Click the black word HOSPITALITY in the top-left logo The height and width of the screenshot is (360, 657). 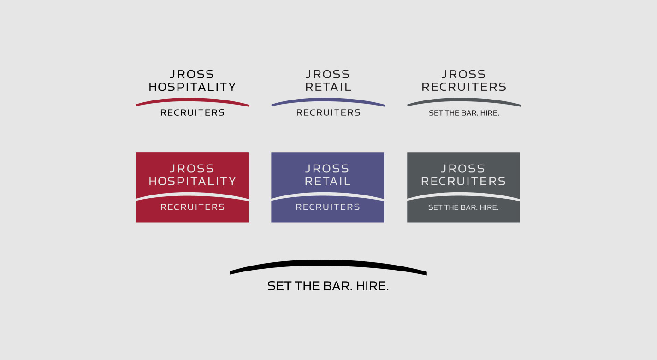pos(192,87)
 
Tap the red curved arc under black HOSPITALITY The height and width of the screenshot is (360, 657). pos(192,100)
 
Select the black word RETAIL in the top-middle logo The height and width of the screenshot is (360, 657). pos(328,87)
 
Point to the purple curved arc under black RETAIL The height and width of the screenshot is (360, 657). pos(328,100)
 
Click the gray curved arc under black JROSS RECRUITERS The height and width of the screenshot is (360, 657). pos(464,100)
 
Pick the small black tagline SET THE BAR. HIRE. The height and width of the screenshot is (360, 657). pos(464,113)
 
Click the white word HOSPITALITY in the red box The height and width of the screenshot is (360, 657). pos(192,181)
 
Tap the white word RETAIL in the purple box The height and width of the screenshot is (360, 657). pos(328,181)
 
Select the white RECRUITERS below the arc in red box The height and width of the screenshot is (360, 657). pos(192,207)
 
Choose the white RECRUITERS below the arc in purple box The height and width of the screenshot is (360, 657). pos(328,207)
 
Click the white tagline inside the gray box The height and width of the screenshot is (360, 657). pos(463,207)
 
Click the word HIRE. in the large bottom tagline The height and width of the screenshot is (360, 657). pos(373,286)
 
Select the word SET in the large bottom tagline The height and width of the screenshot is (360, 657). pos(279,286)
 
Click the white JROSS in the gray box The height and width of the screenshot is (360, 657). pos(463,169)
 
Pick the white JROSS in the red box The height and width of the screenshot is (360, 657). pos(192,169)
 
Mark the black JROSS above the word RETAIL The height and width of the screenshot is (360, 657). pos(328,74)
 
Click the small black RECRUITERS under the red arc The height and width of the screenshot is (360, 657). pos(192,112)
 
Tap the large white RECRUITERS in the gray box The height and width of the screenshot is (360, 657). pos(463,181)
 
